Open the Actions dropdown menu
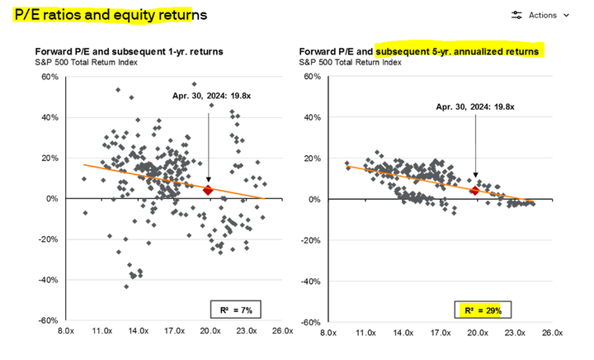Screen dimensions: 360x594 (x=541, y=15)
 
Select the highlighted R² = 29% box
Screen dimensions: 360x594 (x=488, y=310)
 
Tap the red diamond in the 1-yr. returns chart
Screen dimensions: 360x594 (x=208, y=190)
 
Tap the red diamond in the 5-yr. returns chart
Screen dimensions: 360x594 (x=474, y=191)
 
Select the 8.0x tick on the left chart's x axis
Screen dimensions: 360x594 (x=65, y=332)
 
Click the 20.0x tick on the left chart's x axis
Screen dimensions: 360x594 (x=210, y=332)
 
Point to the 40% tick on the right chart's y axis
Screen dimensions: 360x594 (x=312, y=117)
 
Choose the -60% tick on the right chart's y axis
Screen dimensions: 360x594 (x=310, y=321)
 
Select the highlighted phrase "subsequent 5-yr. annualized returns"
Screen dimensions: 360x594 (x=459, y=51)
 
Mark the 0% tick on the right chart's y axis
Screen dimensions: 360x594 (x=314, y=199)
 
